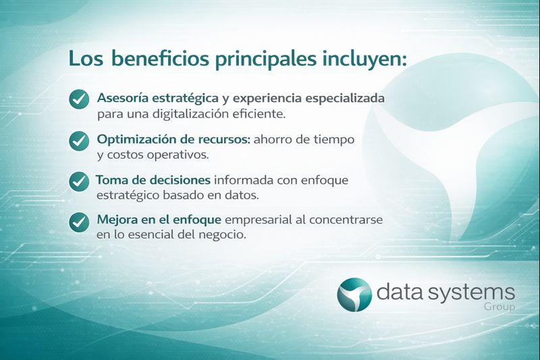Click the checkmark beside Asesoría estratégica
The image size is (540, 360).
[x=79, y=99]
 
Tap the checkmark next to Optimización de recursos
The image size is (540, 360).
[x=79, y=140]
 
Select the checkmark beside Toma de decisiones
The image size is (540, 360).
[x=79, y=181]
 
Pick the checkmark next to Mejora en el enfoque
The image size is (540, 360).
[x=79, y=222]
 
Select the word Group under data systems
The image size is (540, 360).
[x=499, y=307]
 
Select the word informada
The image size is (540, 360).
[x=242, y=180]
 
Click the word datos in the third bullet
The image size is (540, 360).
[x=242, y=195]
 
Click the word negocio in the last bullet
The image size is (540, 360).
[x=223, y=236]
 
